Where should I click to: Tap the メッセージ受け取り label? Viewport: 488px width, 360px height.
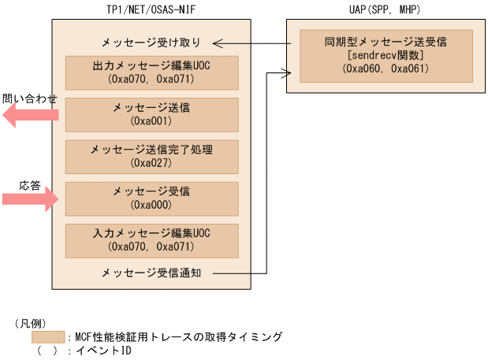[x=151, y=42]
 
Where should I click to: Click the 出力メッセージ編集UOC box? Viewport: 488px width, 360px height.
[x=151, y=72]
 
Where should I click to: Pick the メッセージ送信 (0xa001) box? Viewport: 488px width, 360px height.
[x=151, y=115]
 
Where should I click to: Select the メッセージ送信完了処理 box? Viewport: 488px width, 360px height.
[x=151, y=157]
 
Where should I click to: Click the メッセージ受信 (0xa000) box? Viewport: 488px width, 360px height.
[x=151, y=199]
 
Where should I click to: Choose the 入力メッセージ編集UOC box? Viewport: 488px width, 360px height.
[x=151, y=240]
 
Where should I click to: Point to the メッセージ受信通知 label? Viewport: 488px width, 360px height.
[x=151, y=273]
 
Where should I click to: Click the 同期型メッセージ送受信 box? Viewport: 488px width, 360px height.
[x=386, y=55]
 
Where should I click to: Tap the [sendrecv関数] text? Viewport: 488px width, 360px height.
[x=386, y=55]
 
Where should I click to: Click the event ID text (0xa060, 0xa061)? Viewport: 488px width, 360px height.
[x=386, y=69]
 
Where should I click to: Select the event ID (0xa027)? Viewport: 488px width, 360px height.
[x=151, y=163]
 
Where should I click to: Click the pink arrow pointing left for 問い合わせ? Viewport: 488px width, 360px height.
[x=30, y=116]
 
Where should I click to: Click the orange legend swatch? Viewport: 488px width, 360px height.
[x=48, y=336]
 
